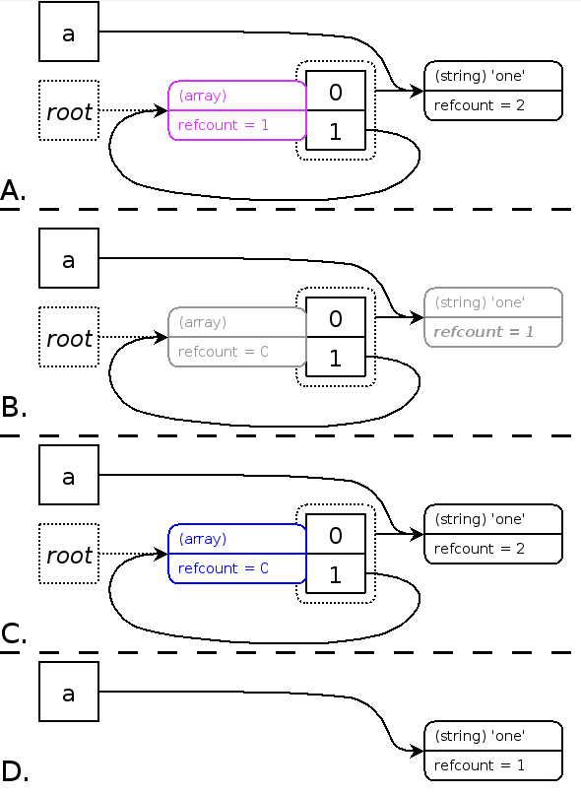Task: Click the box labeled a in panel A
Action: click(69, 32)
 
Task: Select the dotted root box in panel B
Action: click(69, 337)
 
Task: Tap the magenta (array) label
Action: click(202, 96)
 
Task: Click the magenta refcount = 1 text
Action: click(224, 125)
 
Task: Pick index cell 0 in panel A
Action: click(336, 91)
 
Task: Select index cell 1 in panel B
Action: click(336, 357)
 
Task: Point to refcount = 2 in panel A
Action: click(480, 105)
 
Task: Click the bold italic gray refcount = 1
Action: click(484, 332)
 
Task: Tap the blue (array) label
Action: click(202, 539)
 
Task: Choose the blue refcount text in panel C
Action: click(224, 568)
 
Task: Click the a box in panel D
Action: click(69, 692)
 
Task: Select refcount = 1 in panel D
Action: click(480, 765)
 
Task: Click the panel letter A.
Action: click(13, 191)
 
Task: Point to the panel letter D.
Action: click(14, 770)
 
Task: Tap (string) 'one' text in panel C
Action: click(480, 519)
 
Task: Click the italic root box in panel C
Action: click(69, 554)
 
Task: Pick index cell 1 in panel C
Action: click(336, 573)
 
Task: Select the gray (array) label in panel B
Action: click(202, 322)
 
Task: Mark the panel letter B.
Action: click(14, 407)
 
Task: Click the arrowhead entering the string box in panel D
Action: click(417, 751)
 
